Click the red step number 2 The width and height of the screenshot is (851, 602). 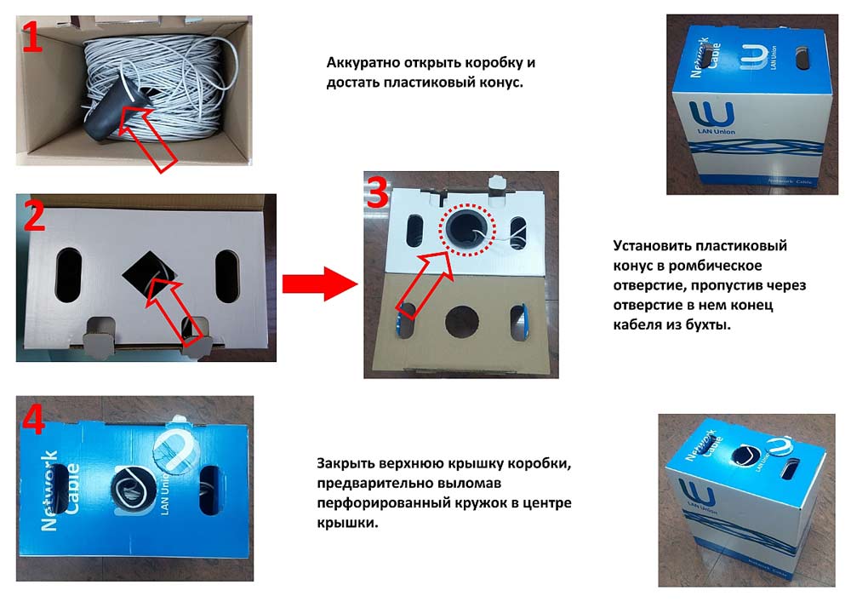pyautogui.click(x=35, y=217)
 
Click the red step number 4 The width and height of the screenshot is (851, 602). pyautogui.click(x=35, y=417)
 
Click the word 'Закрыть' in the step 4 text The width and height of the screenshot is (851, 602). pyautogui.click(x=346, y=464)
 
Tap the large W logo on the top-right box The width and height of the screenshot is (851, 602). pyautogui.click(x=707, y=114)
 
